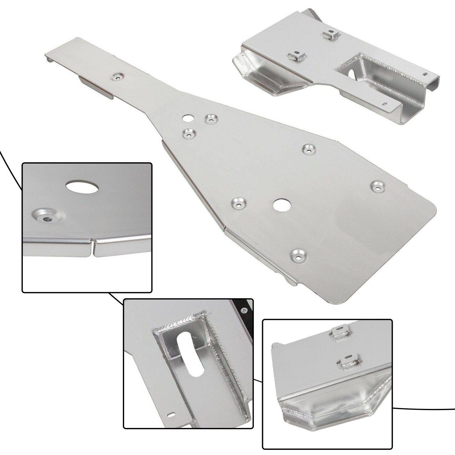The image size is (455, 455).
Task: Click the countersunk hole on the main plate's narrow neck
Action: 117,77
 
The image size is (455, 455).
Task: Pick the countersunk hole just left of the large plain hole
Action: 239,204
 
